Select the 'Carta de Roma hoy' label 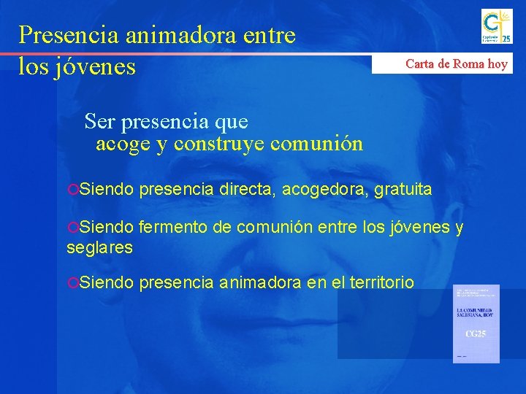[457, 63]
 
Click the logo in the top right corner [496, 27]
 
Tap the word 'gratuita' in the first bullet [403, 190]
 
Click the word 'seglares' [99, 248]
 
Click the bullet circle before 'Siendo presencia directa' [72, 190]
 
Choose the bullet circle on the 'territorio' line [72, 283]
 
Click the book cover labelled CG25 [476, 324]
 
